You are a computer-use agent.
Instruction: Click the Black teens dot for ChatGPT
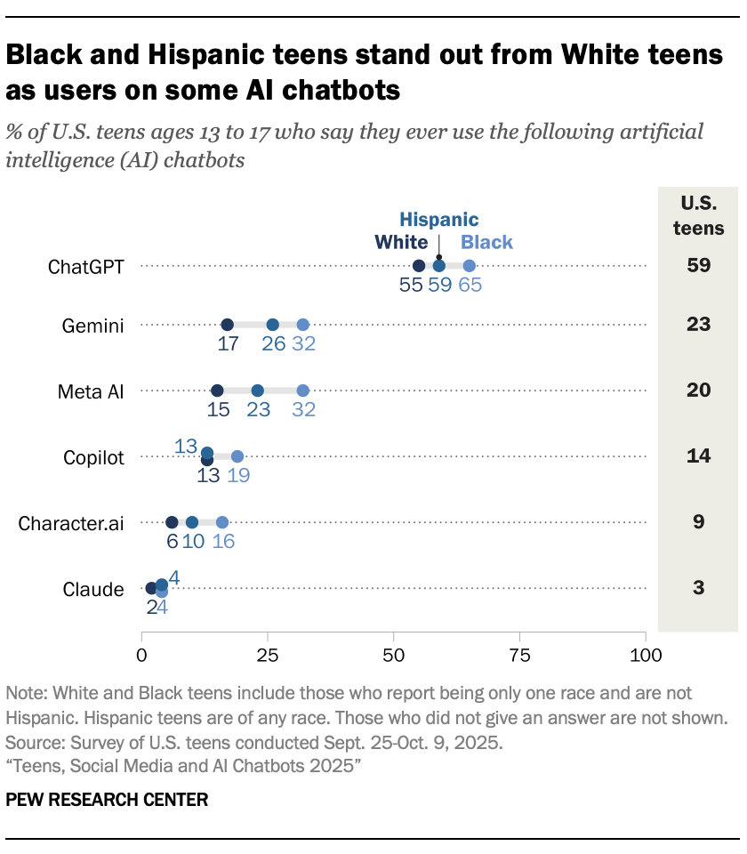pos(470,265)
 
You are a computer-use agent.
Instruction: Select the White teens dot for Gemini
pos(228,325)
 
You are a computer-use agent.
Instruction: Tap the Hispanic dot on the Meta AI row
pos(258,391)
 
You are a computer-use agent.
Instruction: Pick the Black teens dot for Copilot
pos(237,456)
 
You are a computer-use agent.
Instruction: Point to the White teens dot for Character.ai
pos(172,522)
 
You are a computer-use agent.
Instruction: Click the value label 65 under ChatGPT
pos(470,286)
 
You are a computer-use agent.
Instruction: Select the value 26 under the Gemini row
pos(273,344)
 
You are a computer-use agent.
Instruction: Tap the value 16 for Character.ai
pos(223,542)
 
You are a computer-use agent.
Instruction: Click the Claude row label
pos(92,588)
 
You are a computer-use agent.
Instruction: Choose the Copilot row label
pos(93,457)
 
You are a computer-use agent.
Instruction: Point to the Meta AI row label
pos(91,391)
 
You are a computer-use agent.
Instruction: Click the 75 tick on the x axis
pos(519,657)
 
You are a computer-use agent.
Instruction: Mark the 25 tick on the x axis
pos(268,657)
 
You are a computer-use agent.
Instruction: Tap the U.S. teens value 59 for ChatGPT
pos(698,265)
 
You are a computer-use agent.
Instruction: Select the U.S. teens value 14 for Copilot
pos(698,455)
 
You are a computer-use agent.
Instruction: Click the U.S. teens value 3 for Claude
pos(698,587)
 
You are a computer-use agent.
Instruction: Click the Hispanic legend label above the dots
pos(438,220)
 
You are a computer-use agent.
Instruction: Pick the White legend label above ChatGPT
pos(401,242)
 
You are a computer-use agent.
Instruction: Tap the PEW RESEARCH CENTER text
pos(107,800)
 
